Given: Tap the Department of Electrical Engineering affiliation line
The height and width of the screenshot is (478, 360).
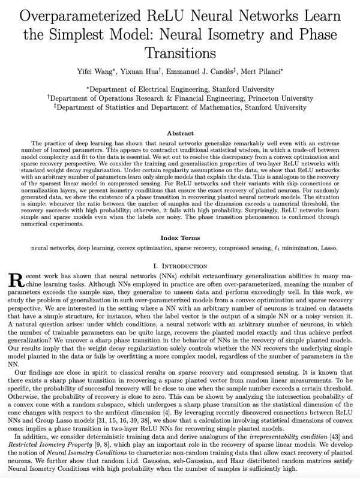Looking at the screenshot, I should [x=180, y=88].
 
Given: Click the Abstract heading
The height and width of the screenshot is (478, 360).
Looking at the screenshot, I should [x=180, y=133].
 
